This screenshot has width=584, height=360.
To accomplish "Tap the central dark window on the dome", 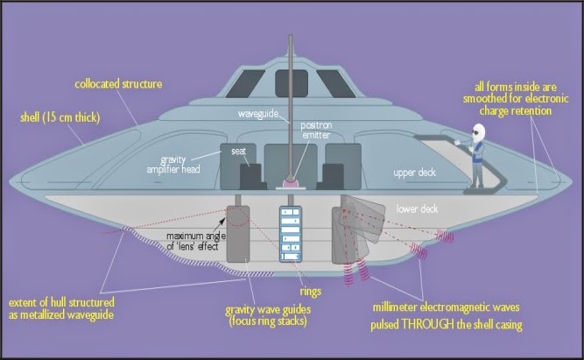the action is click(292, 83).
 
